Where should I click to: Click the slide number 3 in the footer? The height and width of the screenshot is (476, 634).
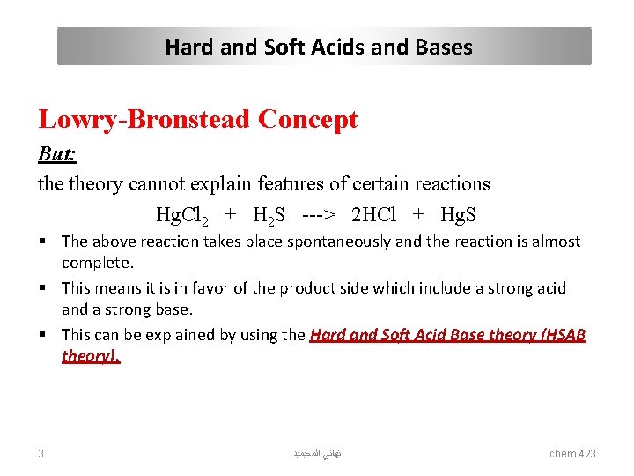click(41, 453)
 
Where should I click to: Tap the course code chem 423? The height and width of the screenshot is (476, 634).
click(572, 453)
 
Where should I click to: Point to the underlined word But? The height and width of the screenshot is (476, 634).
click(57, 155)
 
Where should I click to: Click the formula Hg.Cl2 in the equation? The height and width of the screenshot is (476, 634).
click(181, 215)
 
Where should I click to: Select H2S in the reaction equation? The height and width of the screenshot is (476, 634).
click(269, 215)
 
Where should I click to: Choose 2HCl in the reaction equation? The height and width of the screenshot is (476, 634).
click(373, 215)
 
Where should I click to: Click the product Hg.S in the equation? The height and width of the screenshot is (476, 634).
click(458, 215)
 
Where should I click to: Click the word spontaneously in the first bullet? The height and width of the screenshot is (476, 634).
click(339, 242)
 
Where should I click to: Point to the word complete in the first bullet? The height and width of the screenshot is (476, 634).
click(94, 263)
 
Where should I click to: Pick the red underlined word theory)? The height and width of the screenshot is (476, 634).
click(91, 356)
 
